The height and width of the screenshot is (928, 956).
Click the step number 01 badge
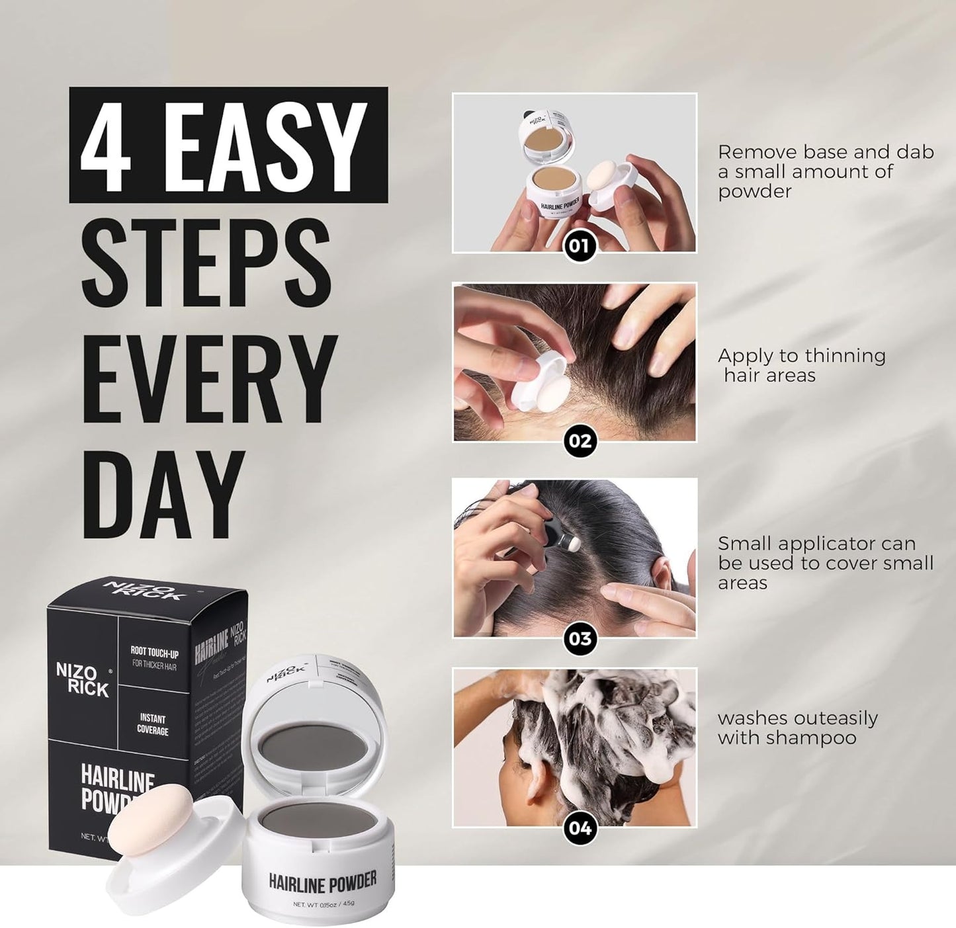pos(580,246)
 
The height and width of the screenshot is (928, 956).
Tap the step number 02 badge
pos(580,441)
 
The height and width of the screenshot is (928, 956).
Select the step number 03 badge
pos(580,638)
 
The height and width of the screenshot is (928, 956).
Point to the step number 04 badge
pos(580,827)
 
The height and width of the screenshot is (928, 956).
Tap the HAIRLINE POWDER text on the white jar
pos(322,881)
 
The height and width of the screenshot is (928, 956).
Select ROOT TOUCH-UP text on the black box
pos(154,654)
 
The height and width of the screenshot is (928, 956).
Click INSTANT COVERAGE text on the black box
pos(153,724)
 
